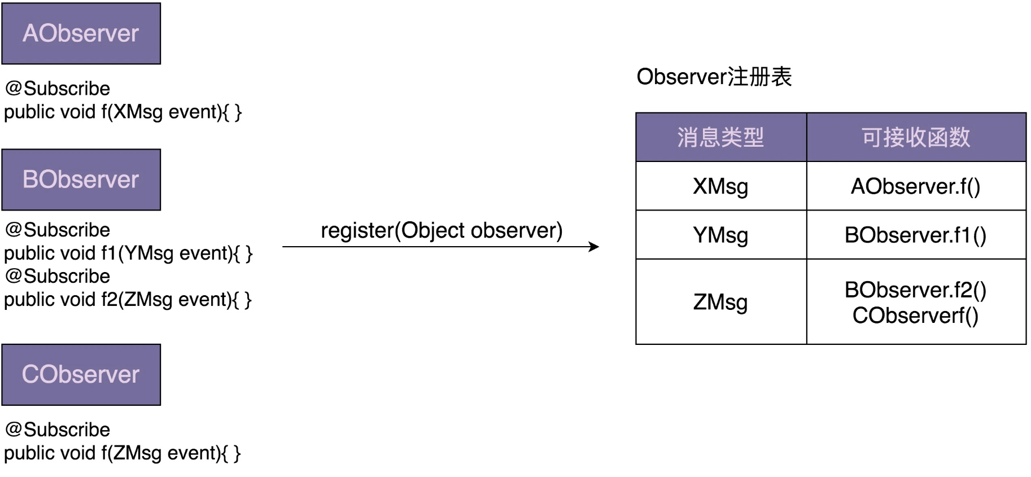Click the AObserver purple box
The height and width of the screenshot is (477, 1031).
click(x=81, y=33)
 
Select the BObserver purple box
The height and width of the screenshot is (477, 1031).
click(x=81, y=180)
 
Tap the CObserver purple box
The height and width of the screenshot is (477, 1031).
click(x=81, y=375)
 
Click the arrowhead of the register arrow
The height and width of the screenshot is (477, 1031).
click(x=594, y=247)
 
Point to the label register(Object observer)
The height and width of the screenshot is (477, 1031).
click(x=442, y=230)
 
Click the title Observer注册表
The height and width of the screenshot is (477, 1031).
click(x=714, y=77)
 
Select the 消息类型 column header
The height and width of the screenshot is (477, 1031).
click(x=721, y=137)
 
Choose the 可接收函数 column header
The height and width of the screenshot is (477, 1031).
click(x=916, y=137)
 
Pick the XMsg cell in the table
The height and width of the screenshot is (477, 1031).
click(x=721, y=186)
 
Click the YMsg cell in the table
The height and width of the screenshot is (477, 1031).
click(x=721, y=235)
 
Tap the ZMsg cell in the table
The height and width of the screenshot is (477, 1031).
click(x=721, y=302)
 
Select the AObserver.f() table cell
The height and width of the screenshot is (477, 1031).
click(x=916, y=186)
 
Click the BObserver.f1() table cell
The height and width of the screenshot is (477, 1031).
click(x=916, y=235)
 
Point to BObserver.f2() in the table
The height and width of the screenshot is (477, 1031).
click(x=916, y=290)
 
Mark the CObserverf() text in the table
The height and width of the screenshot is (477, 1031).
click(x=916, y=316)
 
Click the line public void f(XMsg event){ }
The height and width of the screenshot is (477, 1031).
click(x=123, y=112)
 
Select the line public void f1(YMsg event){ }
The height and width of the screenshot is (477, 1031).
click(x=129, y=253)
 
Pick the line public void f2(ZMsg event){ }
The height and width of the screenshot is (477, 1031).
click(x=128, y=300)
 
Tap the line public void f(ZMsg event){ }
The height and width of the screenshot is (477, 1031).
click(x=123, y=453)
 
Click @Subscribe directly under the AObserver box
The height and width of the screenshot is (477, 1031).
click(x=58, y=89)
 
